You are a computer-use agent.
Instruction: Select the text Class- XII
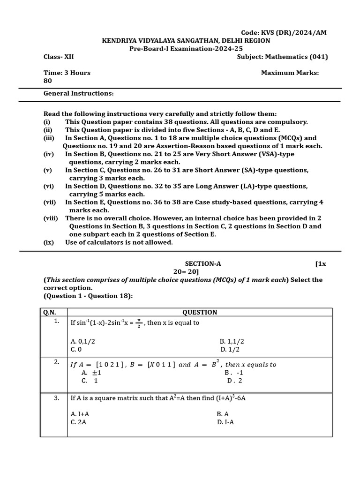[59, 57]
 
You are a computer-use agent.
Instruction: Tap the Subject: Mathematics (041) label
[282, 57]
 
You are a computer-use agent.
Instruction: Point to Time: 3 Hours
[67, 73]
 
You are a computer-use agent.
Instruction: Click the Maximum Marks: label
[290, 73]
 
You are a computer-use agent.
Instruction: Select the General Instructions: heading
[79, 93]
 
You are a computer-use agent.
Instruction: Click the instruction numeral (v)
[48, 170]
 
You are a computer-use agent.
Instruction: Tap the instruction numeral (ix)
[49, 242]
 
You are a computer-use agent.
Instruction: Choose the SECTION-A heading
[203, 263]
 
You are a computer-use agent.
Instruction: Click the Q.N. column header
[50, 312]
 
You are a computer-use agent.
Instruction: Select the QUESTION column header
[200, 312]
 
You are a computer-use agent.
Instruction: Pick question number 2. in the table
[57, 362]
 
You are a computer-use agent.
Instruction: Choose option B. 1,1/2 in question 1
[232, 341]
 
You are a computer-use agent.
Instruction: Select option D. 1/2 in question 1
[230, 349]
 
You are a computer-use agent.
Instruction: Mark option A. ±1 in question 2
[91, 373]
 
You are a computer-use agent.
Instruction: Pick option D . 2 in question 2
[234, 381]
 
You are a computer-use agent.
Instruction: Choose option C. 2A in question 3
[78, 422]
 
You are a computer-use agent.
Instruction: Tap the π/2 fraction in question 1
[139, 323]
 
